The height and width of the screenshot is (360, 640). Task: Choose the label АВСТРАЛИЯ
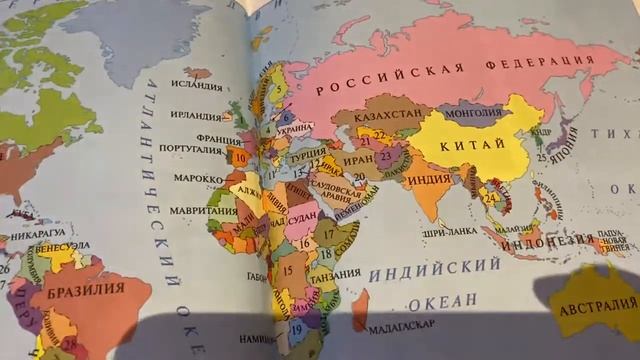(598, 307)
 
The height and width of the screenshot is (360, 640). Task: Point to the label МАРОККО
(196, 178)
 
